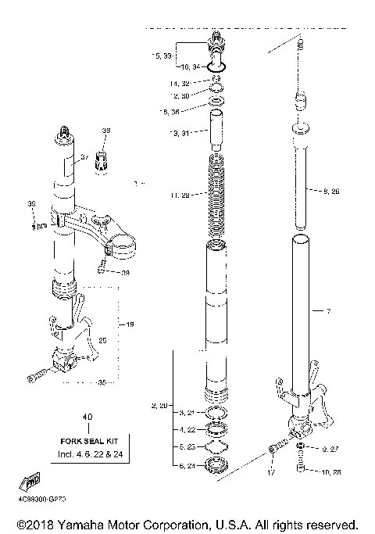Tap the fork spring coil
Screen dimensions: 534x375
tap(220, 195)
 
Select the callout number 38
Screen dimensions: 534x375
tap(106, 131)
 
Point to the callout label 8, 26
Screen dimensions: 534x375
tap(331, 190)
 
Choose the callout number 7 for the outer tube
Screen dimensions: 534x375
tap(328, 311)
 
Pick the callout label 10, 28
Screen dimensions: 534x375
tap(331, 471)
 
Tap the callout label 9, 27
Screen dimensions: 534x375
tap(331, 450)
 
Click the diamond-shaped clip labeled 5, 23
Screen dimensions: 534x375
tap(216, 447)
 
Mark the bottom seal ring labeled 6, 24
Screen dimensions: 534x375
tap(216, 467)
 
